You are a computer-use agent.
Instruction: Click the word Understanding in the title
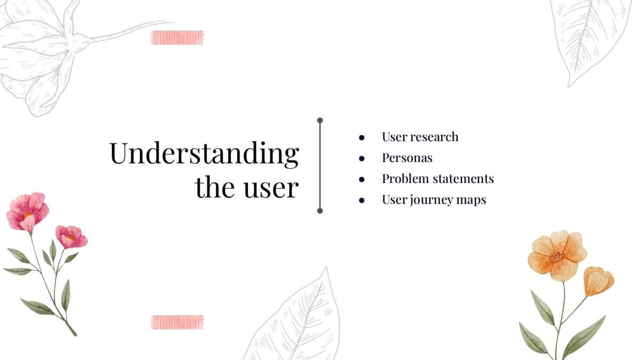204,154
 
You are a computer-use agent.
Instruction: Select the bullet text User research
420,137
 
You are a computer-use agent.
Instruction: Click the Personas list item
407,158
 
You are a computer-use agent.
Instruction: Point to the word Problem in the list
405,179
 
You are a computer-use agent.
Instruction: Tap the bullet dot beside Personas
362,158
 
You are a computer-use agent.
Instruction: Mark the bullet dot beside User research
362,138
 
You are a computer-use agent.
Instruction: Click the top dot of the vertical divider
320,121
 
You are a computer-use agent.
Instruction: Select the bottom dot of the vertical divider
320,211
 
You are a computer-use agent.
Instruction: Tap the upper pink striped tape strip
178,38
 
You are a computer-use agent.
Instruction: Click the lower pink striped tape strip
178,322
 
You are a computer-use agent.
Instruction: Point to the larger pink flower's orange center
27,215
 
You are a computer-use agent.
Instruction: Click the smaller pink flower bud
71,237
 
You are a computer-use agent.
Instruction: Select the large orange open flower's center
557,257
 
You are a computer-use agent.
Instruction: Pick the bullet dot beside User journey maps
362,201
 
